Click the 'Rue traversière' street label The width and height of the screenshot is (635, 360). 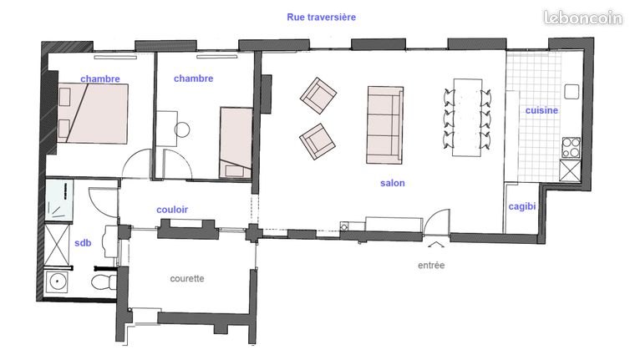322,17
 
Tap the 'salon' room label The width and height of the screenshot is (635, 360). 391,183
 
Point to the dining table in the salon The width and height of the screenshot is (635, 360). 467,117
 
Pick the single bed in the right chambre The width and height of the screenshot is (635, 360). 235,142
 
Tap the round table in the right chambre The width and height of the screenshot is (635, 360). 183,129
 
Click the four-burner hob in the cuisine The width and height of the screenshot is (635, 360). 571,148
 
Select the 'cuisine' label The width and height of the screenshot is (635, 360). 541,110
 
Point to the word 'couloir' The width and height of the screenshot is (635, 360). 172,210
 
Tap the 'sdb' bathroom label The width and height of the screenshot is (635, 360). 83,243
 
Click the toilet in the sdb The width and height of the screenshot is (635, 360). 102,281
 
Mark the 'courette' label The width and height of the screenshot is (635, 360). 187,278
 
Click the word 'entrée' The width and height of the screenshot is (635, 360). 431,266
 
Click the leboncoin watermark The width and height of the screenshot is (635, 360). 582,18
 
